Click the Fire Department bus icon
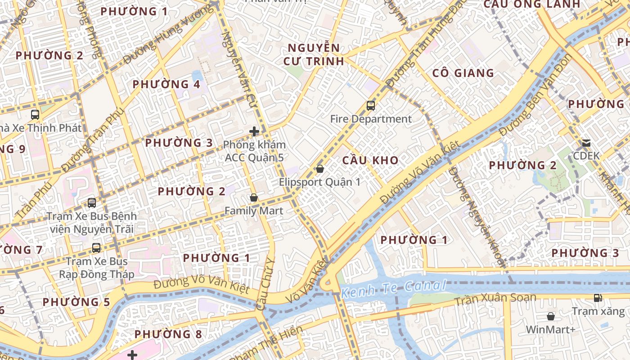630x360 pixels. coord(370,106)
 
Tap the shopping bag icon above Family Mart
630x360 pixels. coord(254,198)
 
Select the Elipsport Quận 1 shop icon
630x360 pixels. coord(319,169)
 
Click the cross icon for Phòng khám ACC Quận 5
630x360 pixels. coord(254,131)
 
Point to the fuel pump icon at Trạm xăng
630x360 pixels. coord(598,297)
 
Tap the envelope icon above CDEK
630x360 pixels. coord(586,143)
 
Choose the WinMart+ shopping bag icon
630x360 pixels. coord(550,316)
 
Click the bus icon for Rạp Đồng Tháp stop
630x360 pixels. coord(96,247)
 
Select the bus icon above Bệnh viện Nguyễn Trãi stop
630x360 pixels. coord(92,202)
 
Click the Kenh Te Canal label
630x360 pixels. coord(393,288)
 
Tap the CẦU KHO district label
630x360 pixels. coord(370,160)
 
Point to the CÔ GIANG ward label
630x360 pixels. coord(463,73)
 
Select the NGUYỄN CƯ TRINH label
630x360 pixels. coord(314,54)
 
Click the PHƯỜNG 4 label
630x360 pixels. coord(166,84)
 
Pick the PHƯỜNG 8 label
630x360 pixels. coord(168,334)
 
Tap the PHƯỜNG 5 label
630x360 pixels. coord(76,302)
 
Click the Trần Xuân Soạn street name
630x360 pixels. coord(495,299)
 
